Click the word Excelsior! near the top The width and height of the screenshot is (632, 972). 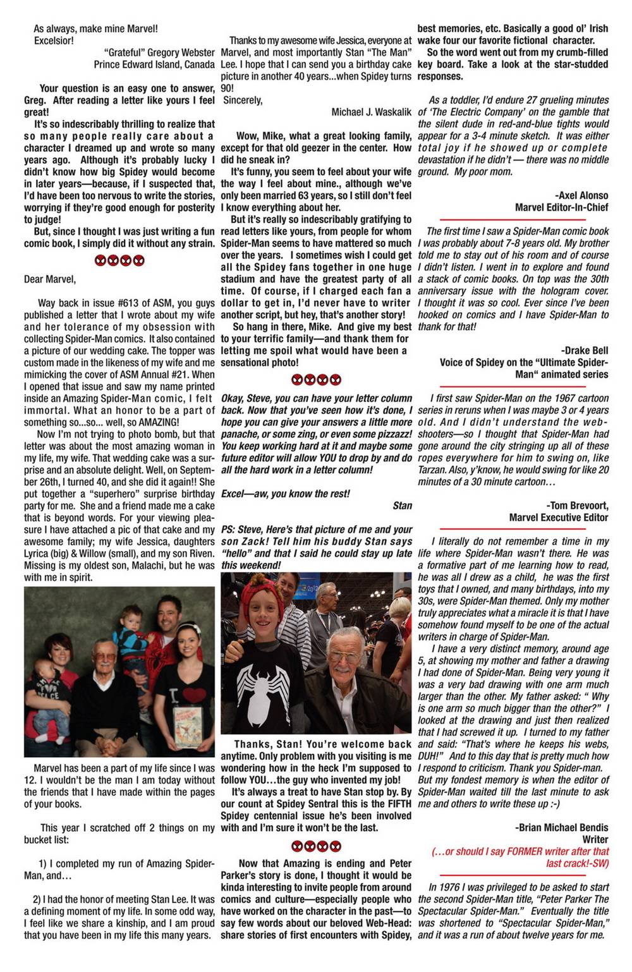tap(54, 40)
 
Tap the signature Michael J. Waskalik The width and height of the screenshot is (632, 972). tap(371, 112)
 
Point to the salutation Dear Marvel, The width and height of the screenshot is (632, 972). tap(50, 279)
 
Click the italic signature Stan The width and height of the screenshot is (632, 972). tap(402, 506)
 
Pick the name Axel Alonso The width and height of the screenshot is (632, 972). tap(581, 195)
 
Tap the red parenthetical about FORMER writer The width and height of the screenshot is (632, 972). tap(520, 857)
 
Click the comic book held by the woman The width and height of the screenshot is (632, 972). tap(188, 726)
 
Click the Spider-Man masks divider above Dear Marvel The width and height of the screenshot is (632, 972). tap(119, 260)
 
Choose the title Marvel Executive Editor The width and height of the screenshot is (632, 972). tap(559, 518)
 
